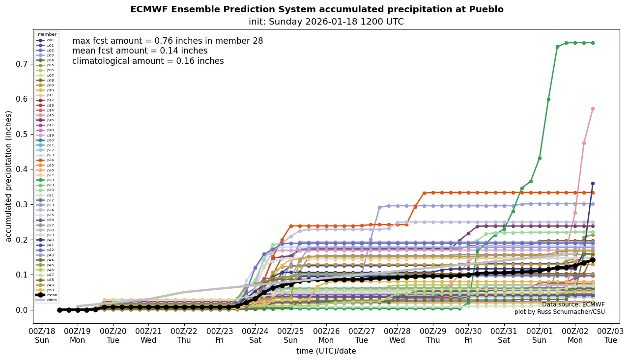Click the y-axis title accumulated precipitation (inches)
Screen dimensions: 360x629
[x=8, y=176]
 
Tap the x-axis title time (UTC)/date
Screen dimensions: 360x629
[x=326, y=351]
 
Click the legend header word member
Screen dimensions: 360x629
[x=47, y=34]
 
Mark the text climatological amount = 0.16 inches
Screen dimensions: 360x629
[x=148, y=61]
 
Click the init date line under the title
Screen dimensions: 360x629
[x=326, y=22]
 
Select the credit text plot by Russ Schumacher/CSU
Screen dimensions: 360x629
[x=560, y=312]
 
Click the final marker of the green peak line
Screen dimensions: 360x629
[x=593, y=43]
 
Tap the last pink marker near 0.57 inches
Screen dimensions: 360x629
[x=593, y=109]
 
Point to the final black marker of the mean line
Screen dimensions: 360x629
[x=593, y=260]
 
